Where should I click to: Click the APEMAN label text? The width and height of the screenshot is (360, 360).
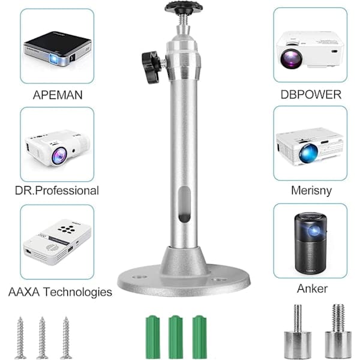(58, 95)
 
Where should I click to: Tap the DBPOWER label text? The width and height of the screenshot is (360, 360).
(311, 95)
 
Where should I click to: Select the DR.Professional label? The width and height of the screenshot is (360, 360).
(57, 191)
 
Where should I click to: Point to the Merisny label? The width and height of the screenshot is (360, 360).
(311, 191)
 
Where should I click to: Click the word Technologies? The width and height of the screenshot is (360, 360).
(78, 292)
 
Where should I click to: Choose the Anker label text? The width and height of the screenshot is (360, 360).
(312, 289)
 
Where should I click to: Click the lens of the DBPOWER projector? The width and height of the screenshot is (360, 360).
(292, 58)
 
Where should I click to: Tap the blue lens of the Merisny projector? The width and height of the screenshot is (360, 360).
(308, 154)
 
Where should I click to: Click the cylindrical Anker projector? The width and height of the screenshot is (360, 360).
(310, 243)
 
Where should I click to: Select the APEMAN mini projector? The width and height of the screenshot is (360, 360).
(58, 49)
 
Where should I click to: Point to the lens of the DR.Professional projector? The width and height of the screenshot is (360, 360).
(59, 156)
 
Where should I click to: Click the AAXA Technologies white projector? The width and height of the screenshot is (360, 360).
(57, 242)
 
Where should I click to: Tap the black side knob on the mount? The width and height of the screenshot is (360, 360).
(151, 67)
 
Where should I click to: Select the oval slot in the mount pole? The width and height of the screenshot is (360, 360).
(184, 204)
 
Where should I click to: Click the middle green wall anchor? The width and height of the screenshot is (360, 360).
(176, 337)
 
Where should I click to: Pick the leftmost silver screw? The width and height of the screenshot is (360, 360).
(20, 338)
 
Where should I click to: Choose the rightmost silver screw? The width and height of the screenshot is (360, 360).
(66, 338)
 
